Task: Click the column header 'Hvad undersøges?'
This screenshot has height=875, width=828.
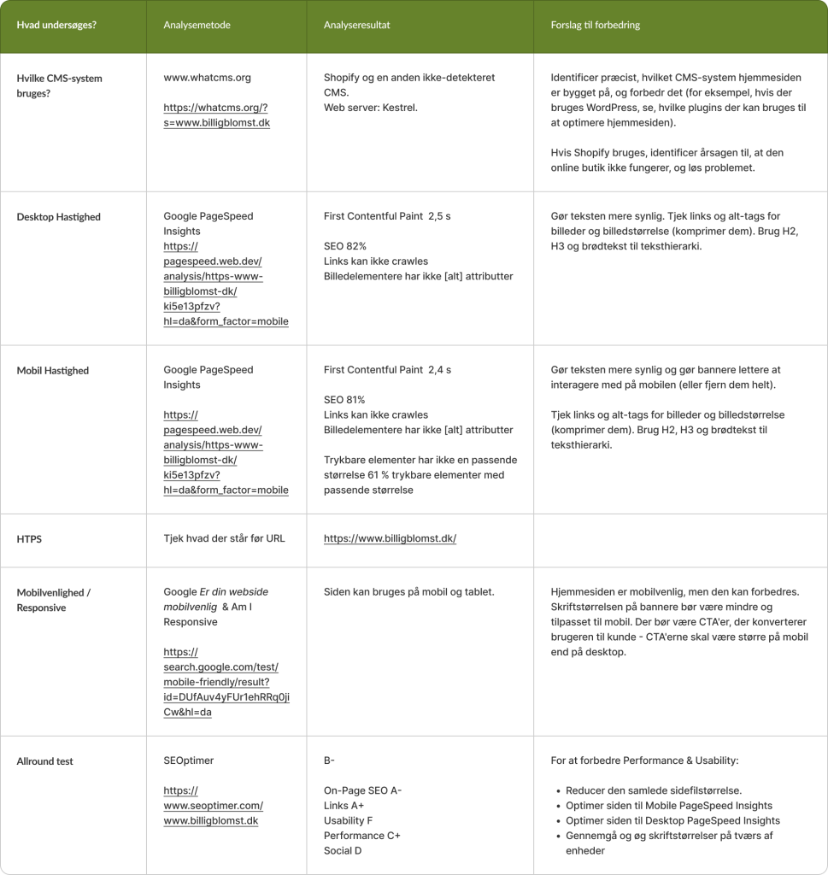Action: (56, 25)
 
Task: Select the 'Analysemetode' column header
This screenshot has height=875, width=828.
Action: (197, 25)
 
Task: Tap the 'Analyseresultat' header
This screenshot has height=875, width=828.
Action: (357, 25)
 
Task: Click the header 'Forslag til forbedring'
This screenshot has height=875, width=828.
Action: (596, 25)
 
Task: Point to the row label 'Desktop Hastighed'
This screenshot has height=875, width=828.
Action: (59, 217)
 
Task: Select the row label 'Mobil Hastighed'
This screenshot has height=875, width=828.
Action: (53, 371)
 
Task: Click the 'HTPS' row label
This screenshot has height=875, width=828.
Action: (30, 539)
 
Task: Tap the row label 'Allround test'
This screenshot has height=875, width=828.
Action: (45, 760)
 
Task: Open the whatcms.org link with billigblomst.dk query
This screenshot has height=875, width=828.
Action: (216, 115)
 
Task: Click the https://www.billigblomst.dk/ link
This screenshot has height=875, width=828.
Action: (390, 538)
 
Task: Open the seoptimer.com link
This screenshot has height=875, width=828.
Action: (213, 806)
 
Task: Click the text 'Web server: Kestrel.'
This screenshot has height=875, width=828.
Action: (369, 108)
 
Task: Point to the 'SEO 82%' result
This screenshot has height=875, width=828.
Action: (345, 246)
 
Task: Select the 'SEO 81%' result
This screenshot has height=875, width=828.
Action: (344, 400)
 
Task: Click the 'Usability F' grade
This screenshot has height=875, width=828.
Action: (348, 820)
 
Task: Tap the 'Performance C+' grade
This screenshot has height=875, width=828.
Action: (362, 836)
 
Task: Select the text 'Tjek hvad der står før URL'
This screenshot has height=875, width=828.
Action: (224, 538)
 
